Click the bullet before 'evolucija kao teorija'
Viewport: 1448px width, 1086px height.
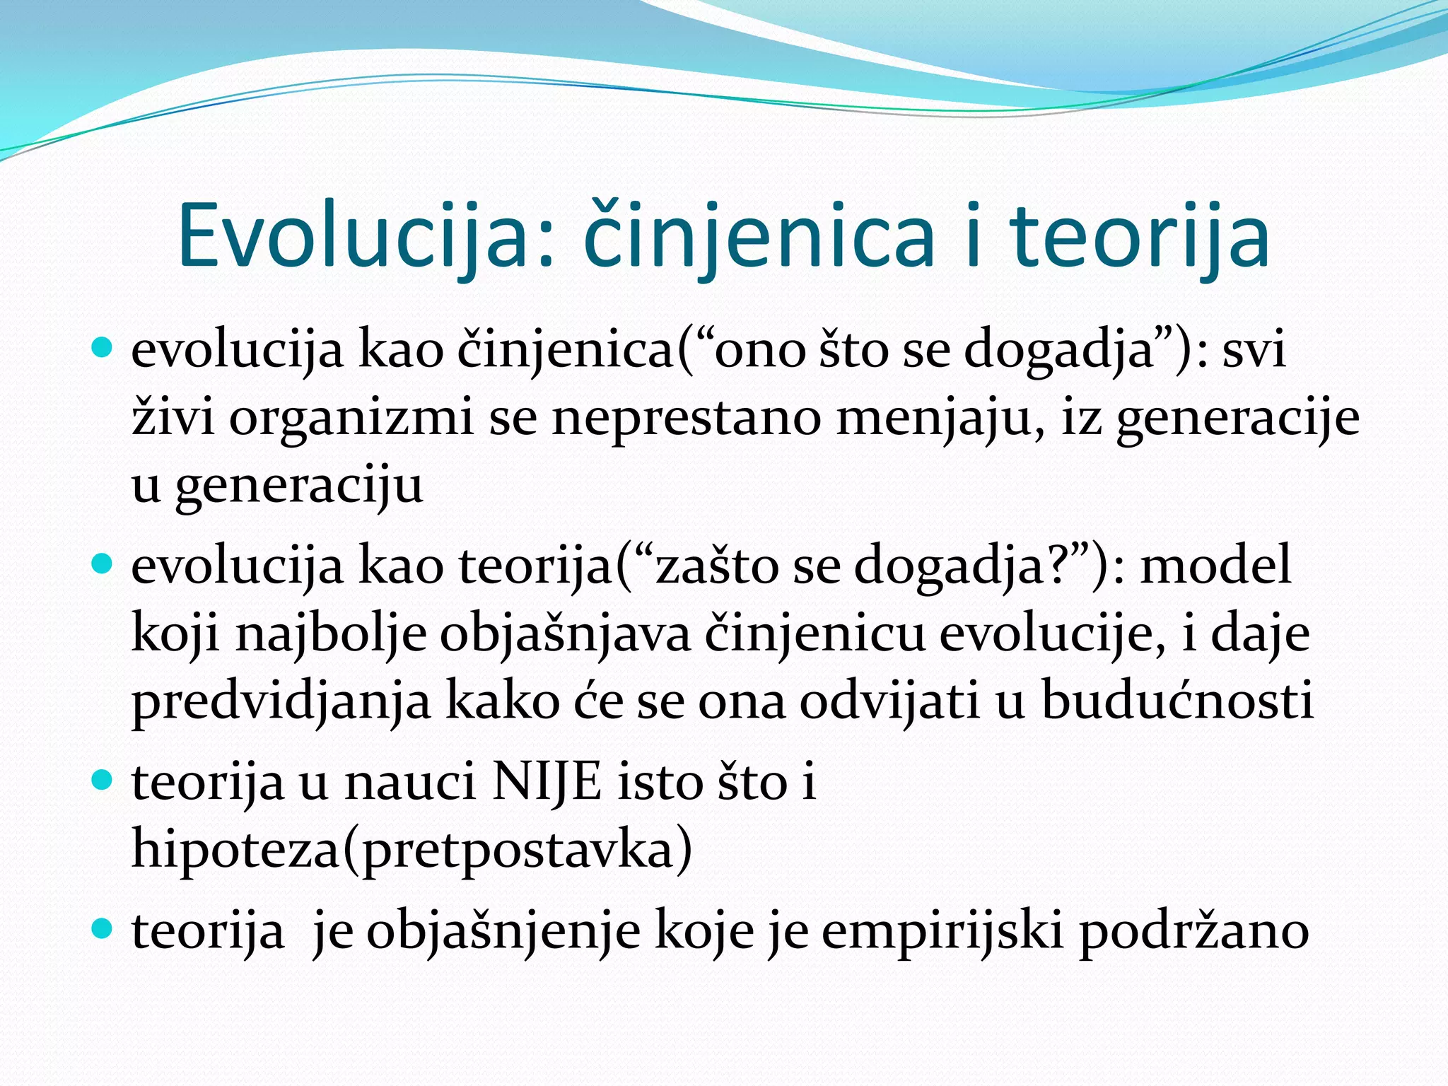(103, 563)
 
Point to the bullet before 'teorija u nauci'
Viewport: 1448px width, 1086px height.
(103, 780)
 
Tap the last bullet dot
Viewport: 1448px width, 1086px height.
(103, 928)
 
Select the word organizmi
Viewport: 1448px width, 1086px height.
(351, 419)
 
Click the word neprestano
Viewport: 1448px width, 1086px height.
(686, 419)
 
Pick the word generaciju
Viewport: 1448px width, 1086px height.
(299, 486)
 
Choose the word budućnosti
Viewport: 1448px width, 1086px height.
(1177, 701)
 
